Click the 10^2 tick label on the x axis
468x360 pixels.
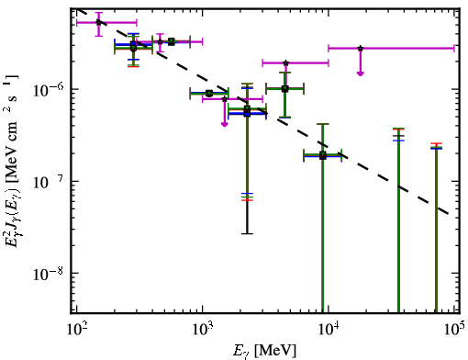click(77, 330)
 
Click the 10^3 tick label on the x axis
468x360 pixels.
click(203, 330)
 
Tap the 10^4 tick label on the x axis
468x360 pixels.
click(329, 330)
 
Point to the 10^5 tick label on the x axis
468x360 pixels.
click(455, 330)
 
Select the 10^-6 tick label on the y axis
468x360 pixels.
click(48, 89)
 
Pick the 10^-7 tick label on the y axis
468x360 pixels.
click(48, 181)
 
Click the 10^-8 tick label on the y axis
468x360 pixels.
click(48, 274)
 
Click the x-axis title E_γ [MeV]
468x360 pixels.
click(264, 351)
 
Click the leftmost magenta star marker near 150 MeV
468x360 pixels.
click(98, 22)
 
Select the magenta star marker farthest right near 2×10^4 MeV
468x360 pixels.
click(361, 49)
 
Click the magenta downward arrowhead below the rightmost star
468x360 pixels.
click(361, 73)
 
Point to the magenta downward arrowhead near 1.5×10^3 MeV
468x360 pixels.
click(225, 124)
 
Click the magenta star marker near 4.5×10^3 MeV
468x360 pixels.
click(285, 63)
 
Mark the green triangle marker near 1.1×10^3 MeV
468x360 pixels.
click(209, 94)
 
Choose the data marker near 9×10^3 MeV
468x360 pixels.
click(323, 155)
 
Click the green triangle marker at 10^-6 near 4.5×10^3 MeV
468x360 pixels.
click(284, 89)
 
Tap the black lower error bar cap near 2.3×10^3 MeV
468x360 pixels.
click(247, 234)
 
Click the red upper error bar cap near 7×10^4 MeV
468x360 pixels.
click(436, 143)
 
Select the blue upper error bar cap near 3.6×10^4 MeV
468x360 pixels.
click(398, 141)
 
